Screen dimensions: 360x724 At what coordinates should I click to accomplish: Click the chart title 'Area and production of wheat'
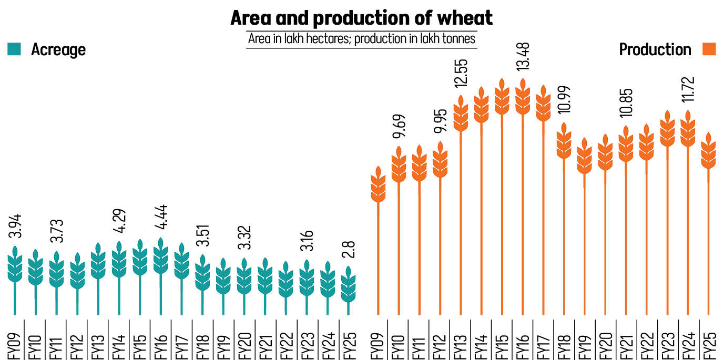[362, 19]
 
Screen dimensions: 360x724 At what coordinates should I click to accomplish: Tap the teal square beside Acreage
[14, 49]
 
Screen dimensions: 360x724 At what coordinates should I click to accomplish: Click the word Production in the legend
[655, 49]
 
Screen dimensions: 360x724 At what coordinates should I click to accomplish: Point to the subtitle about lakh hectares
[362, 39]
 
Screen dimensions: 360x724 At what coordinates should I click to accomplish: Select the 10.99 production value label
[565, 104]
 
